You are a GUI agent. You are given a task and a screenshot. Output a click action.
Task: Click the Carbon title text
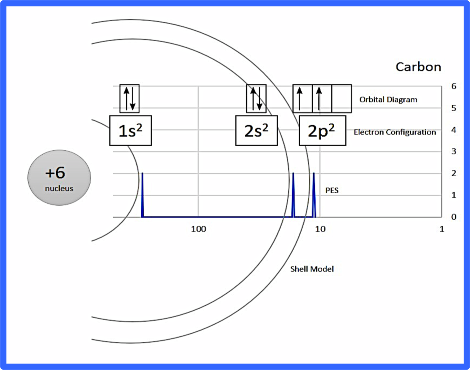point(418,67)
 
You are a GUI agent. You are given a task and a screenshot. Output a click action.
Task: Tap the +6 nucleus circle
point(59,177)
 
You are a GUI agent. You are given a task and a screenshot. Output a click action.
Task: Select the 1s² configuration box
point(131,130)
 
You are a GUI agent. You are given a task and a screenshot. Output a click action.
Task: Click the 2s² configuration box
point(257,130)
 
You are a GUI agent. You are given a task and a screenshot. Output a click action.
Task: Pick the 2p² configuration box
point(323,130)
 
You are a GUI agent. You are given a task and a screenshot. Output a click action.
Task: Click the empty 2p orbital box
point(342,99)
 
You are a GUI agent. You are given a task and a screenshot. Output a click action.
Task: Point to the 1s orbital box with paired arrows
point(130,99)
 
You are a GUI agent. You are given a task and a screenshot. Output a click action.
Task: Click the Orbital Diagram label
point(388,100)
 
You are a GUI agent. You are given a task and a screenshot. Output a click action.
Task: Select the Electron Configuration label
point(395,132)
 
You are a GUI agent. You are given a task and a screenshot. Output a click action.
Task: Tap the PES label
point(332,190)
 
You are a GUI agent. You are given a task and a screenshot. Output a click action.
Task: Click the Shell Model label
point(312,269)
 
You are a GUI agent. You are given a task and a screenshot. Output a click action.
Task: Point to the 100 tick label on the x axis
point(198,229)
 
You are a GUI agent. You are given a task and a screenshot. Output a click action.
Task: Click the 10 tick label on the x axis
point(320,229)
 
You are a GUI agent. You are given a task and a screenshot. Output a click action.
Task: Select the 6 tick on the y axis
point(454,86)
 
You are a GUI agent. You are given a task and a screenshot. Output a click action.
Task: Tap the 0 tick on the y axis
point(454,217)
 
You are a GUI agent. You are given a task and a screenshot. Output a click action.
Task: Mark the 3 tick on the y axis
point(454,151)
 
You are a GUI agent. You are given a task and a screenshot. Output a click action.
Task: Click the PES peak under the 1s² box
point(142,195)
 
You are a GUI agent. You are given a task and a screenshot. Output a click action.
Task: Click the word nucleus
point(59,189)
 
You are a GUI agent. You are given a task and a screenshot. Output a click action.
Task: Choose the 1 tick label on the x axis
point(442,229)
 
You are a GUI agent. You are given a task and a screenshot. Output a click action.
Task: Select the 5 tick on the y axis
point(454,108)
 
